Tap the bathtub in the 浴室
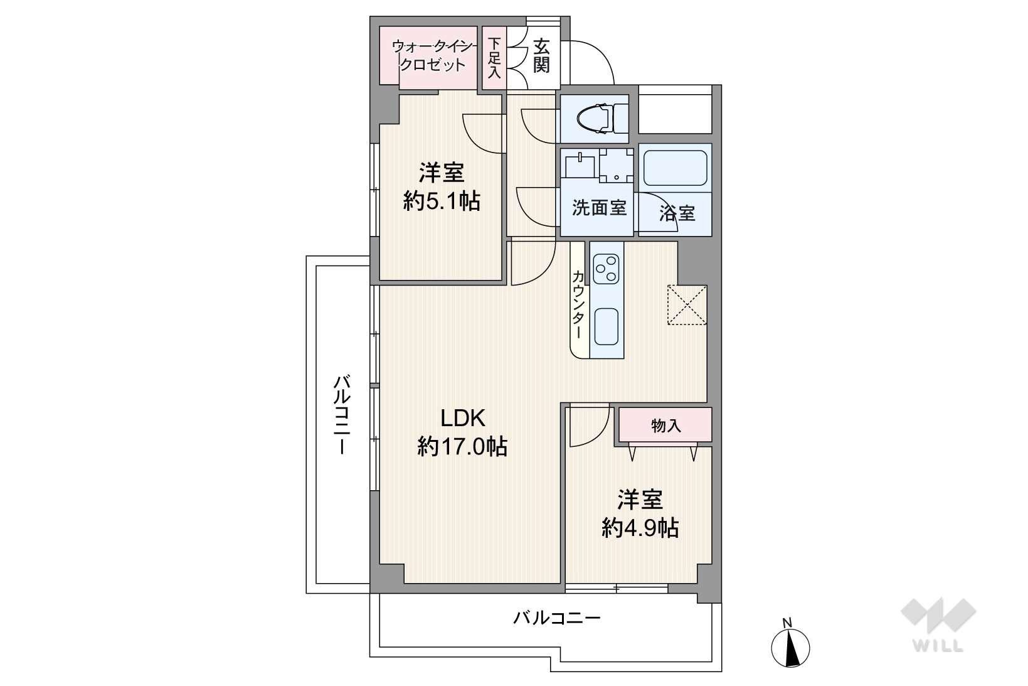[x=675, y=168]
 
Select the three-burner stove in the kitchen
[x=607, y=269]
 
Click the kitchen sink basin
[x=607, y=326]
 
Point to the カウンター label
[x=578, y=304]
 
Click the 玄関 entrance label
[x=541, y=56]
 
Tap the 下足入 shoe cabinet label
[x=494, y=58]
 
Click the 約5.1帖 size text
[x=442, y=201]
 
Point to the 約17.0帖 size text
[x=462, y=446]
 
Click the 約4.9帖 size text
[x=640, y=528]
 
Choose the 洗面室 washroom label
[x=599, y=208]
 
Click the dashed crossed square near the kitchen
[x=687, y=305]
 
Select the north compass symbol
[x=790, y=643]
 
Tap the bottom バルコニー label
[x=557, y=618]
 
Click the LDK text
[x=463, y=418]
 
